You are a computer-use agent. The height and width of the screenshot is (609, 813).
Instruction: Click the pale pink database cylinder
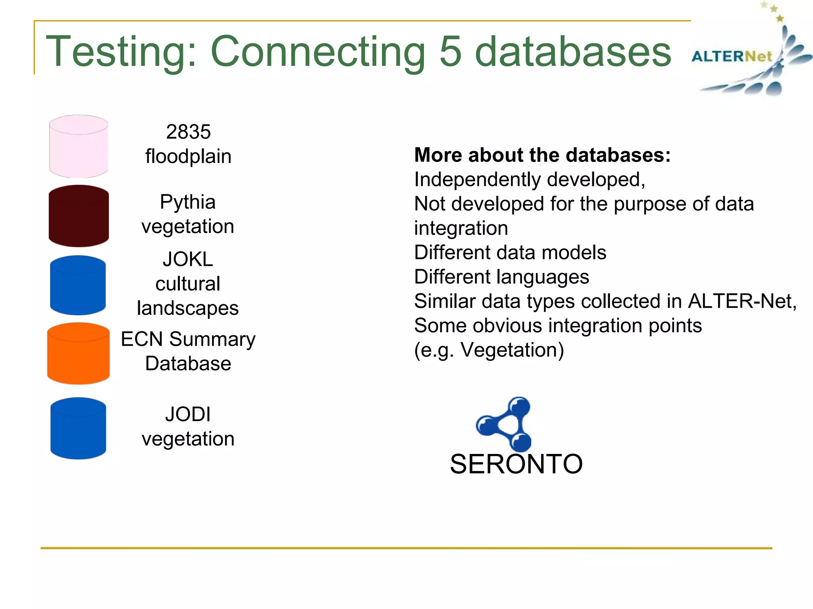[x=79, y=147]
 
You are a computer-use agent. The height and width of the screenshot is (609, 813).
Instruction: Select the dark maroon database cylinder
[x=79, y=216]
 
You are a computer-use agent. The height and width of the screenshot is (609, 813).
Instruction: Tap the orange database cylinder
[x=79, y=354]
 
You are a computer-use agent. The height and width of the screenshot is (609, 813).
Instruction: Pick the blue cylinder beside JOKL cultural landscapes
[x=78, y=285]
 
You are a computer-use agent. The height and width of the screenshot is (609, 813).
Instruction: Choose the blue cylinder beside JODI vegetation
[x=78, y=429]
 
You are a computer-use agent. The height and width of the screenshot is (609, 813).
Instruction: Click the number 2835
[x=188, y=132]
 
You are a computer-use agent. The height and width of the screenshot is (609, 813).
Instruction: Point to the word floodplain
[x=188, y=156]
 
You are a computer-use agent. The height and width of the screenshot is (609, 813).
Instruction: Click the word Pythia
[x=188, y=202]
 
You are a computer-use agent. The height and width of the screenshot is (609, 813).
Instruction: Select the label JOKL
[x=188, y=260]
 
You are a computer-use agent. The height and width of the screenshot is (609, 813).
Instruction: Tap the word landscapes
[x=188, y=308]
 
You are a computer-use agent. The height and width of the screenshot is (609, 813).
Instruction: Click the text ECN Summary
[x=188, y=339]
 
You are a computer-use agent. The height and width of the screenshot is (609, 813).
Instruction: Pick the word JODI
[x=188, y=414]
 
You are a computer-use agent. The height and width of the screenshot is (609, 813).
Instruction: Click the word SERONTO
[x=516, y=464]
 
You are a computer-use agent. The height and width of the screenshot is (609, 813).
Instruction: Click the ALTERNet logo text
[x=732, y=57]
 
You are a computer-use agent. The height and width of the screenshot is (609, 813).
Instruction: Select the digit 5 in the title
[x=451, y=52]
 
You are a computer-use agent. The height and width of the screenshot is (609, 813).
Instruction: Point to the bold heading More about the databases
[x=542, y=155]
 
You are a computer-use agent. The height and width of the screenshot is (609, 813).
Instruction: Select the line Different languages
[x=501, y=277]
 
